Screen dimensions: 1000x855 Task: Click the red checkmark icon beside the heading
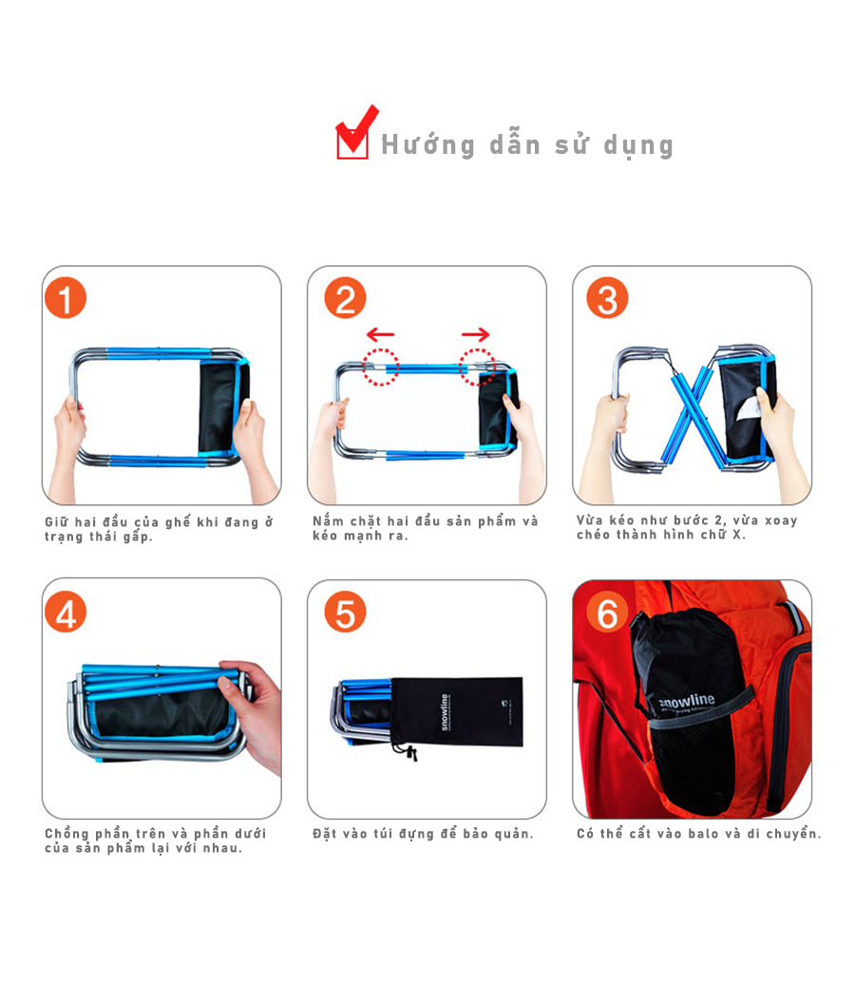click(353, 135)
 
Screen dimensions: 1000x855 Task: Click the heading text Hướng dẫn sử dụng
click(527, 145)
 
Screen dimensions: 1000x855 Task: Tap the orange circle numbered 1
click(66, 299)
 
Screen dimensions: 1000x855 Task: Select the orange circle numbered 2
click(345, 299)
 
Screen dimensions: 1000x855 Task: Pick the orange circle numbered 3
click(607, 299)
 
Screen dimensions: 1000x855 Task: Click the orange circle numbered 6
click(607, 613)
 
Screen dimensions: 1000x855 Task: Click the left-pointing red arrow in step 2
click(380, 334)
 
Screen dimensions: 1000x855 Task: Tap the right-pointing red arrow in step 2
click(476, 334)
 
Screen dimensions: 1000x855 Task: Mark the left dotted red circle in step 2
click(380, 367)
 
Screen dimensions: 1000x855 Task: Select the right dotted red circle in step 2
click(477, 367)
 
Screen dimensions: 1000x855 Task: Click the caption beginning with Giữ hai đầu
click(159, 529)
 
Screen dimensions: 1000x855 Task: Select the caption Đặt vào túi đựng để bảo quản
click(424, 834)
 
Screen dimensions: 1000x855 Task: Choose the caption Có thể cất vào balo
click(698, 834)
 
